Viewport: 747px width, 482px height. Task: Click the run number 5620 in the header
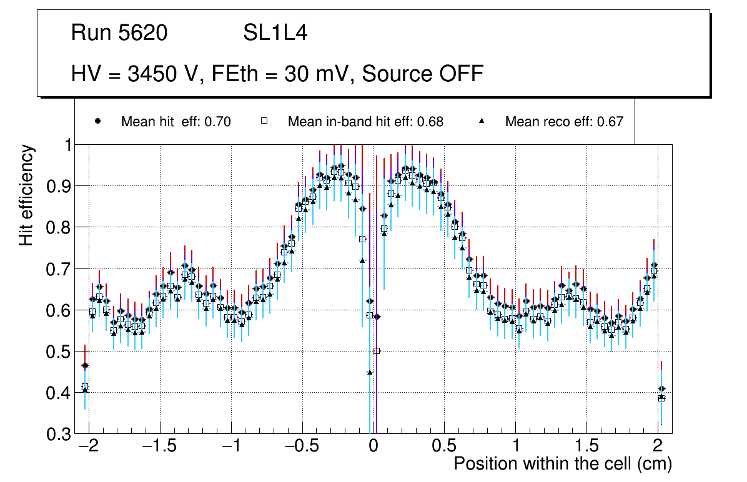coord(143,33)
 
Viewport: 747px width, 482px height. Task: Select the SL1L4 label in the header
coord(275,33)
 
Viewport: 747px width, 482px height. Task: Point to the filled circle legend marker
coord(97,121)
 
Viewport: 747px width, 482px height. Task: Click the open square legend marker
coord(264,121)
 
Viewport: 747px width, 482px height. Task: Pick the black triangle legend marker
coord(482,121)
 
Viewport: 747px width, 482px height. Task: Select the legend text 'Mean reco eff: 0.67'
coord(564,122)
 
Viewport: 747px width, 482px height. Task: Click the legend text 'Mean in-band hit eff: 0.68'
coord(365,122)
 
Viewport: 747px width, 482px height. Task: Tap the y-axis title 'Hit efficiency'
coord(26,195)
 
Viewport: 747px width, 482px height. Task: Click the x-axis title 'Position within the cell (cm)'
coord(562,465)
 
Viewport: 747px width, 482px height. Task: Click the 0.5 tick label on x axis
coord(444,447)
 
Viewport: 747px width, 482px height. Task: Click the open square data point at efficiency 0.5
coord(377,351)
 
